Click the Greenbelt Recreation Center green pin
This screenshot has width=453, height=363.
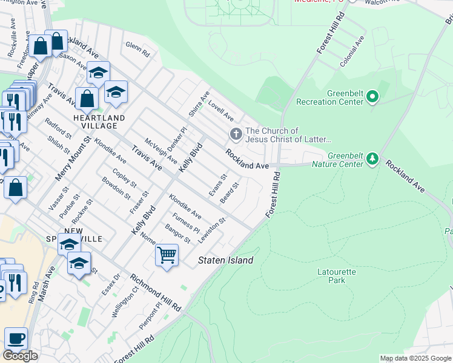click(x=372, y=97)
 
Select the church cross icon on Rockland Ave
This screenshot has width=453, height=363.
click(x=235, y=134)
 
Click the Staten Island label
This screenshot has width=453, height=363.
click(x=226, y=260)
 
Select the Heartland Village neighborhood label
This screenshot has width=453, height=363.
click(x=99, y=122)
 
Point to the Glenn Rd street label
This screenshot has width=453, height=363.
click(x=137, y=48)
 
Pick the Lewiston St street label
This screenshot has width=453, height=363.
click(x=216, y=229)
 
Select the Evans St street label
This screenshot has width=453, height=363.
click(x=217, y=184)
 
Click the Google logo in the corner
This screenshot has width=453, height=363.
click(x=20, y=355)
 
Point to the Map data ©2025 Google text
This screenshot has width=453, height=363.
click(x=415, y=358)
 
